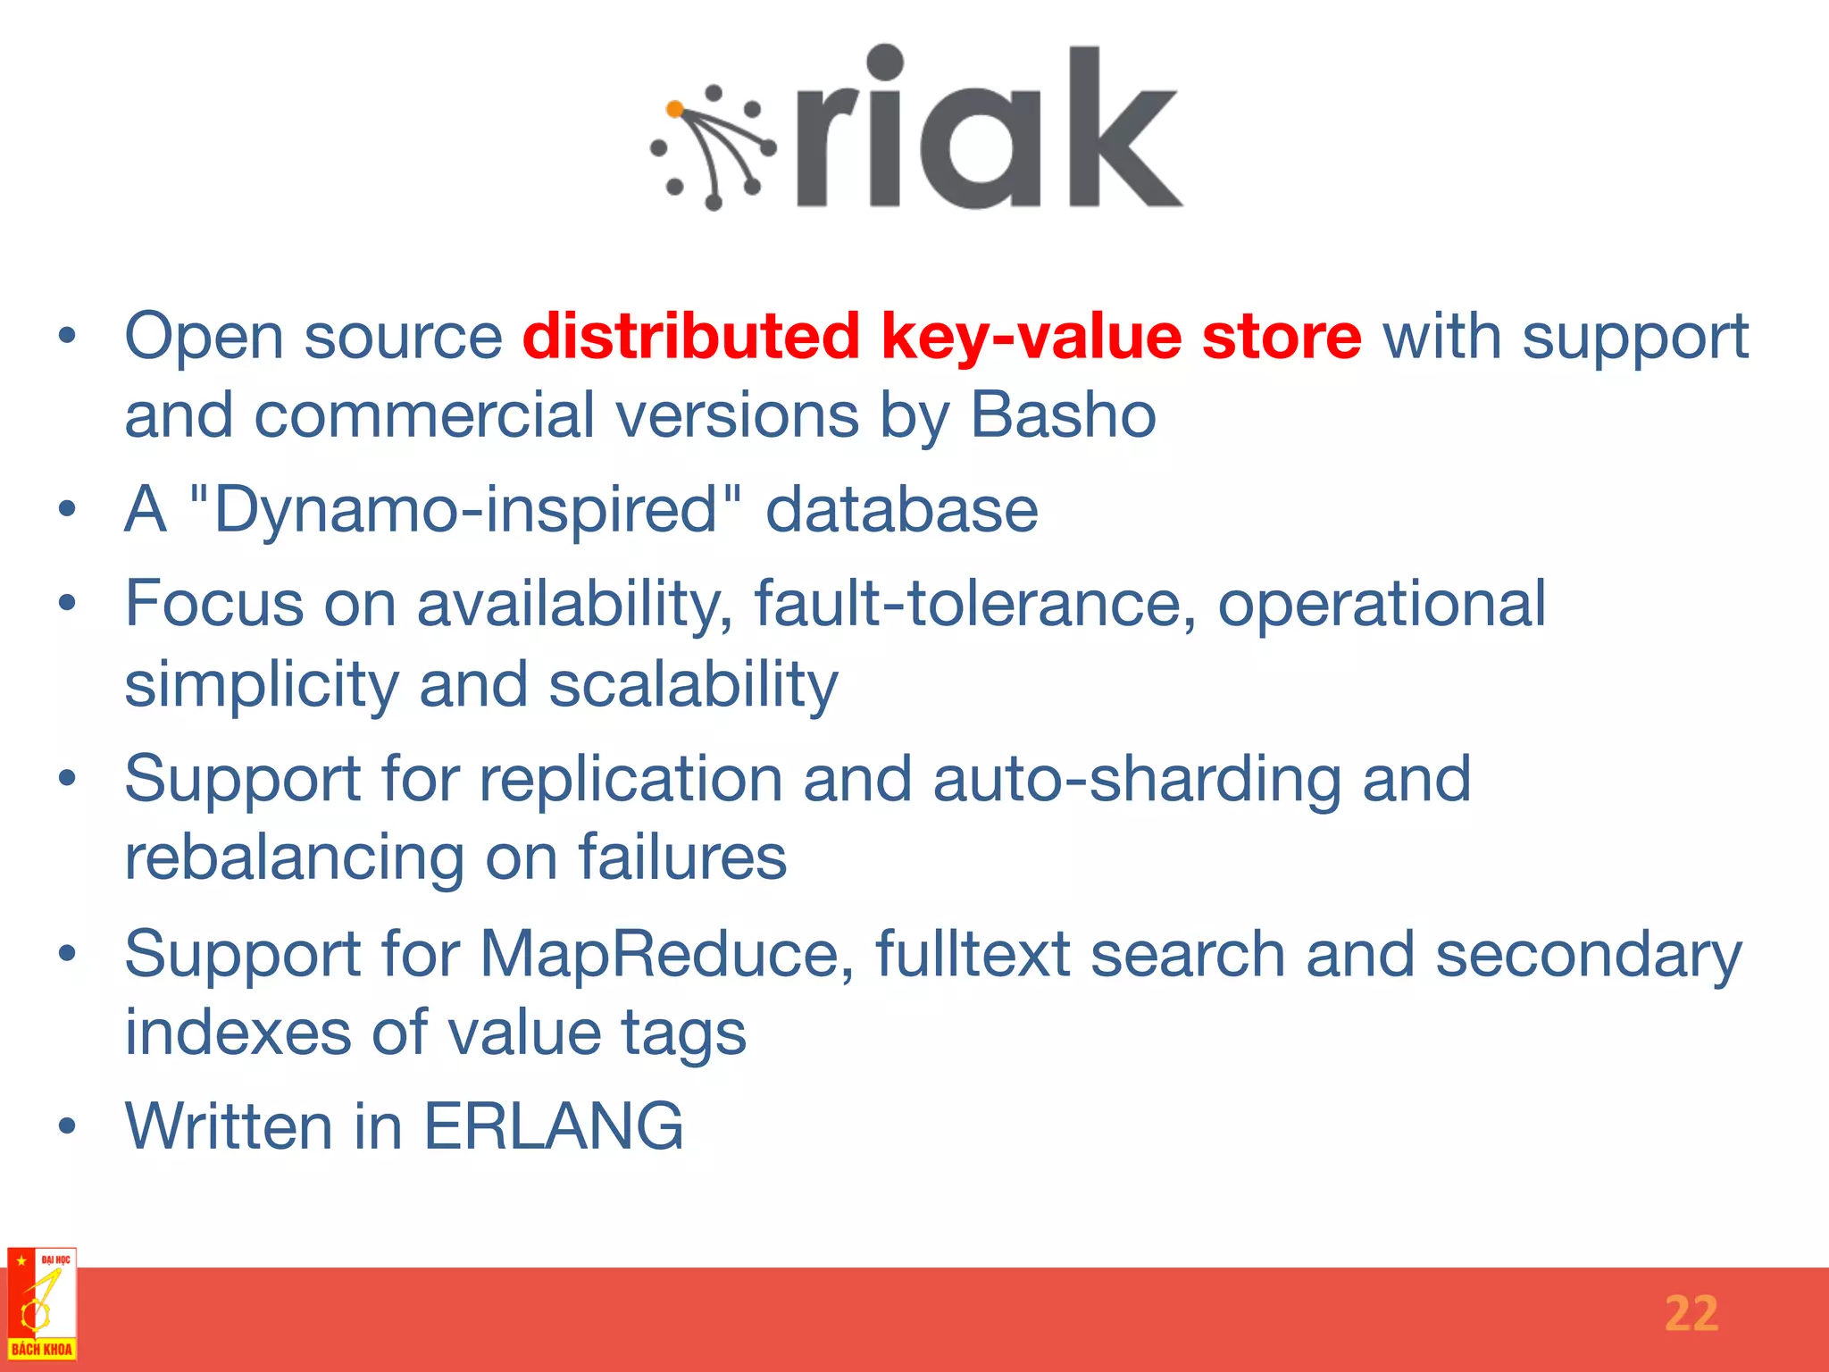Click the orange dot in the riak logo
point(675,110)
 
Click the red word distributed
point(690,337)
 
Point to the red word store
point(1282,337)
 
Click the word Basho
point(1063,415)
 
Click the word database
point(901,510)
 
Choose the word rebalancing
point(294,858)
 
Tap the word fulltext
point(973,954)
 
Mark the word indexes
point(238,1033)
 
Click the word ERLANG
point(553,1126)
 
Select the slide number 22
point(1691,1314)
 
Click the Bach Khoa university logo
point(42,1304)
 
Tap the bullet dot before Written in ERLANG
point(67,1127)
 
